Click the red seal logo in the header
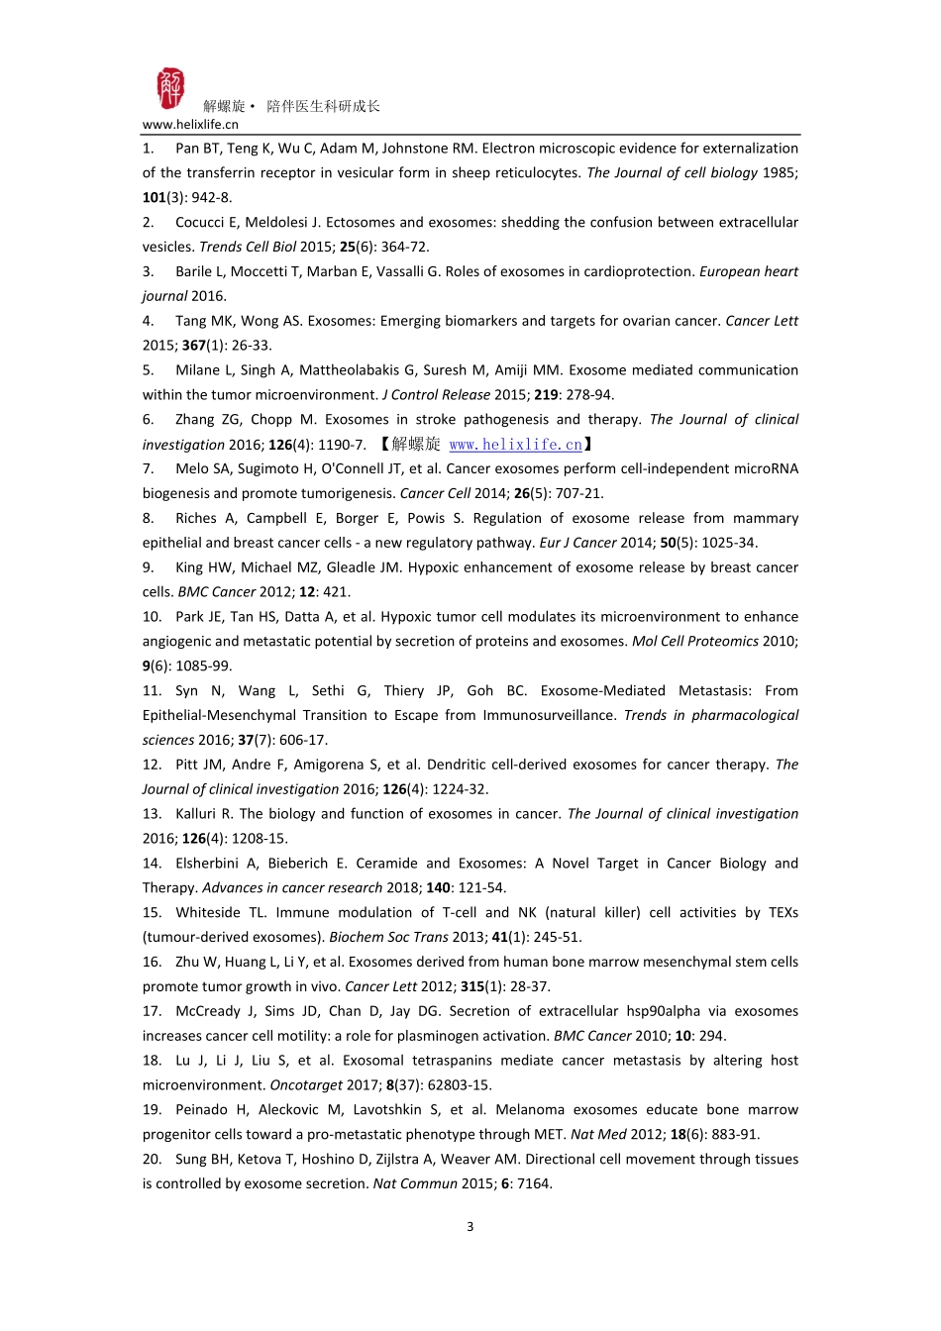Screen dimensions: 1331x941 click(169, 89)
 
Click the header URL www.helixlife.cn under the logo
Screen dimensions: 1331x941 click(190, 125)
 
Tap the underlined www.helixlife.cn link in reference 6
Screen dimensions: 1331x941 click(515, 445)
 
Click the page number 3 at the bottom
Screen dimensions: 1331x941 click(470, 1227)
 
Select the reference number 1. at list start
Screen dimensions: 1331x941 click(149, 149)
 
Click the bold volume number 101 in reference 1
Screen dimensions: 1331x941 click(154, 198)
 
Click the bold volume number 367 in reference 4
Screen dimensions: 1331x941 click(193, 346)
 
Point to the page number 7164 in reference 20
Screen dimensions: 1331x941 click(535, 1183)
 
